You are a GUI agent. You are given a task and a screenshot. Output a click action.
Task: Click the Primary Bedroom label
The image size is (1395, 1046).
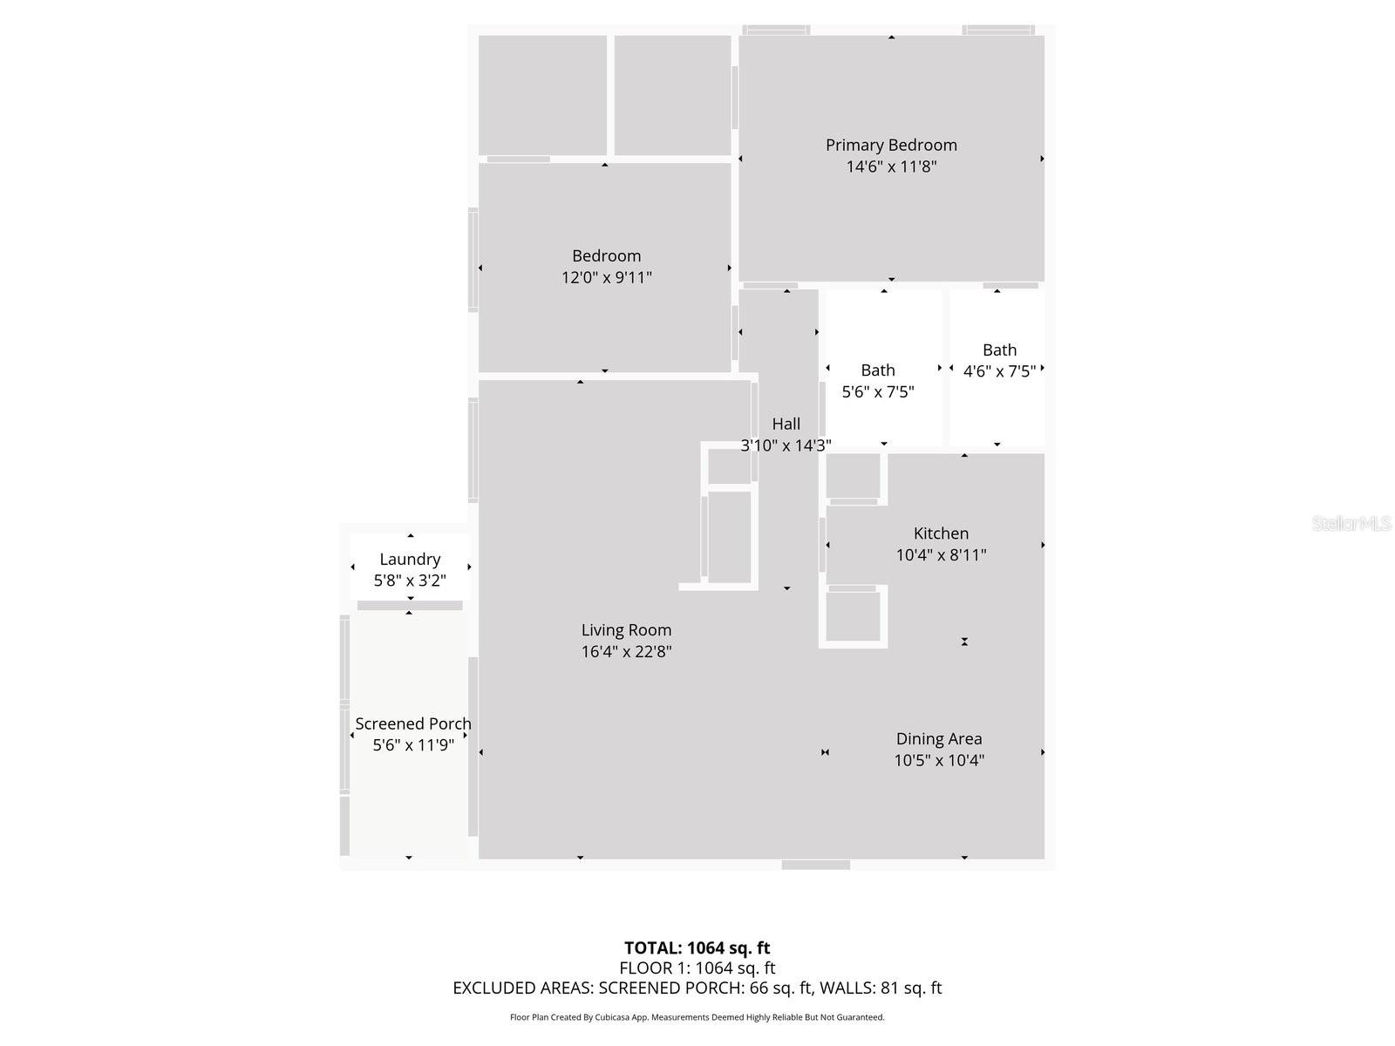(891, 145)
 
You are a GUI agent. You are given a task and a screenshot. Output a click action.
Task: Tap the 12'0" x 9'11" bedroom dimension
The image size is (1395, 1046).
(607, 277)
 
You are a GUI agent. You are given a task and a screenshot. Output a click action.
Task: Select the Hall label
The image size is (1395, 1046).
(786, 424)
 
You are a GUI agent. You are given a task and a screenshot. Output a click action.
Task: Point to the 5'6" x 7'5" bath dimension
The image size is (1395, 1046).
(878, 391)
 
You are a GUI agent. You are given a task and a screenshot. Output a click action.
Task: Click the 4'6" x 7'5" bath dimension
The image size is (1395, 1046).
(999, 371)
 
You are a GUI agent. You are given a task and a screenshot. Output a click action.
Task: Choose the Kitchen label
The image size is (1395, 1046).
(941, 533)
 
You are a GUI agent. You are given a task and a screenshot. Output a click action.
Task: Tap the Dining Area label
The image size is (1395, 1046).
(939, 738)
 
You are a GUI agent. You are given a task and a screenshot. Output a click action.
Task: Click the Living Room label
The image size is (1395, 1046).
(626, 629)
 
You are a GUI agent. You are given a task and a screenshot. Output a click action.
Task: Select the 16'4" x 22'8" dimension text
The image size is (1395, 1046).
(626, 651)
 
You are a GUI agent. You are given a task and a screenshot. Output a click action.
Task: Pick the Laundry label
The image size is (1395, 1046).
(410, 559)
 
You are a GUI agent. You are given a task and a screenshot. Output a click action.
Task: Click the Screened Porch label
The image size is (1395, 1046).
(413, 723)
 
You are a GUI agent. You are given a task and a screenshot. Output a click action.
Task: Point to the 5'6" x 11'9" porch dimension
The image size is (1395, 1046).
(413, 745)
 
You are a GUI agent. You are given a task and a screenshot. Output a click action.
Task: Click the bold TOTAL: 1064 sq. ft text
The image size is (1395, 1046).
(697, 948)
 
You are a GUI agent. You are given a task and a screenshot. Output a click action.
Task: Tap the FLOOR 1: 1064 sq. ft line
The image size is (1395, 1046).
(697, 968)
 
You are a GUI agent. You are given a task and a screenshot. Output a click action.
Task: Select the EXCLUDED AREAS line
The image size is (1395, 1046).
(697, 988)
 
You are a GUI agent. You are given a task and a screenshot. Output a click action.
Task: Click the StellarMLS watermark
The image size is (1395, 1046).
(1351, 523)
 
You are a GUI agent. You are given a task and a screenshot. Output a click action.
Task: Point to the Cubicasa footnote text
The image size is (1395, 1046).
(697, 1017)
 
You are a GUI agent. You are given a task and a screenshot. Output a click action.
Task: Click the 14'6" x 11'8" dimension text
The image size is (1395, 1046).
(891, 166)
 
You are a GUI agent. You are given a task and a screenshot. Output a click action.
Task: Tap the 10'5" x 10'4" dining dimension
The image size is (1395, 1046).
(939, 760)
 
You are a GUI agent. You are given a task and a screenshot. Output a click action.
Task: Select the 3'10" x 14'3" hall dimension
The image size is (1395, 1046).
(786, 445)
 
